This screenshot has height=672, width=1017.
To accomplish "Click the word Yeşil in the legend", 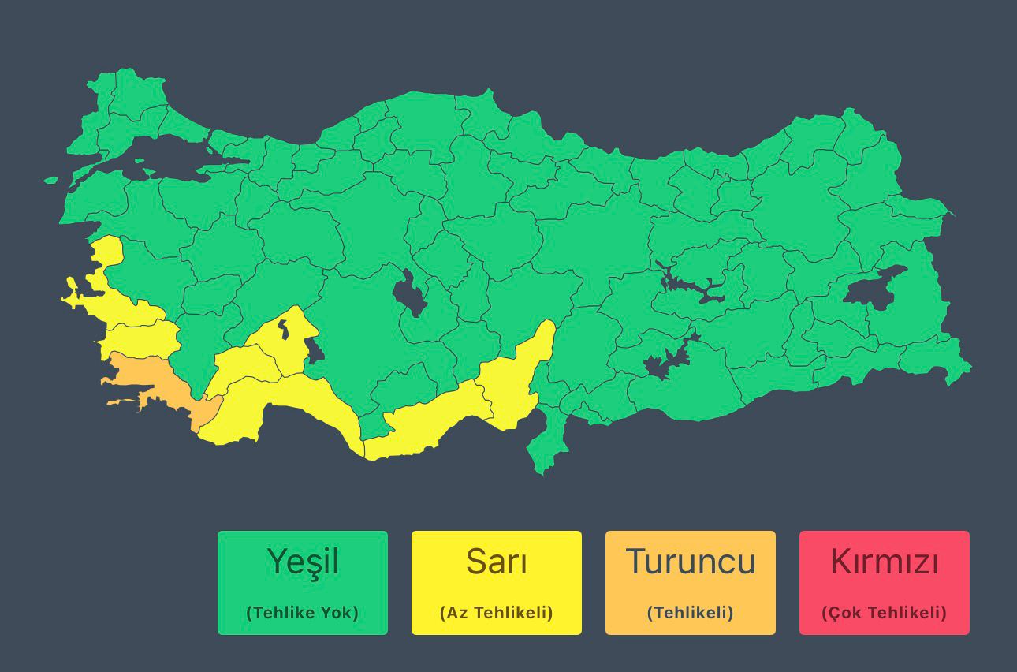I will (303, 562).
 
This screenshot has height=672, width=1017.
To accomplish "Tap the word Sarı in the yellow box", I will (496, 562).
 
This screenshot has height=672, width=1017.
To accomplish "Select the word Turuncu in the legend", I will (690, 562).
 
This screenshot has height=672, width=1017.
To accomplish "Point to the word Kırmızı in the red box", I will (884, 562).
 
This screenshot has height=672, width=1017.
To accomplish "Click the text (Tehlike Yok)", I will (303, 613).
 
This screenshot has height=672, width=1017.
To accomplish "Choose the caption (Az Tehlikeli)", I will (496, 613).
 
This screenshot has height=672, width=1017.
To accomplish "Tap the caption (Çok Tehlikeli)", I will (884, 613).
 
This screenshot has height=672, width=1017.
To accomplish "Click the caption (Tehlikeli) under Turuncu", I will (690, 613).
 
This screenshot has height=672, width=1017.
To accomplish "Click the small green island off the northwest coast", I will (50, 180).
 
